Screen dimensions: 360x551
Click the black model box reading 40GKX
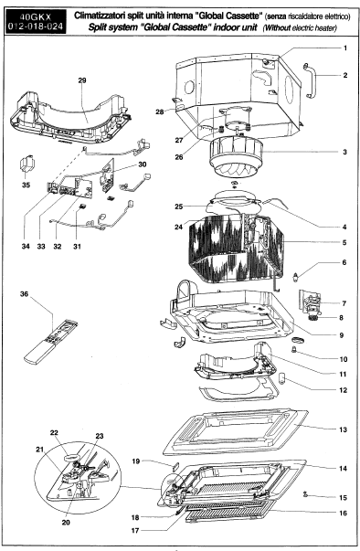pos(36,22)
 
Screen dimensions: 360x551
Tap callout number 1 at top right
pos(344,48)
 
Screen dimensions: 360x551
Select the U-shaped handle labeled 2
pos(311,80)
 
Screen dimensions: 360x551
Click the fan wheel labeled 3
pos(236,156)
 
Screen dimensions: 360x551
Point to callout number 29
pos(82,80)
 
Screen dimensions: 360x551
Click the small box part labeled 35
pos(26,164)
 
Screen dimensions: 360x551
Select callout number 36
pos(24,293)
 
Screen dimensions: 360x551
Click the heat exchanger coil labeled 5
pos(236,249)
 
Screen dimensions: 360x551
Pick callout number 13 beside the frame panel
pos(343,429)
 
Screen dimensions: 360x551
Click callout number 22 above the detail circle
pos(54,432)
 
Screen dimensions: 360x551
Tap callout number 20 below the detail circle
pos(66,523)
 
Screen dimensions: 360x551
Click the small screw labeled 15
pos(305,494)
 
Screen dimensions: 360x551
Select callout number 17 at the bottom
pos(135,531)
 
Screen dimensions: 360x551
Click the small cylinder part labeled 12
pos(283,377)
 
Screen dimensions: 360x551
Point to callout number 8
pos(341,318)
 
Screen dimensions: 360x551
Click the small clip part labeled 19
pos(175,467)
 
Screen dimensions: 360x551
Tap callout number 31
pos(77,247)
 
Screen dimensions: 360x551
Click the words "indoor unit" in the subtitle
pos(236,27)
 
